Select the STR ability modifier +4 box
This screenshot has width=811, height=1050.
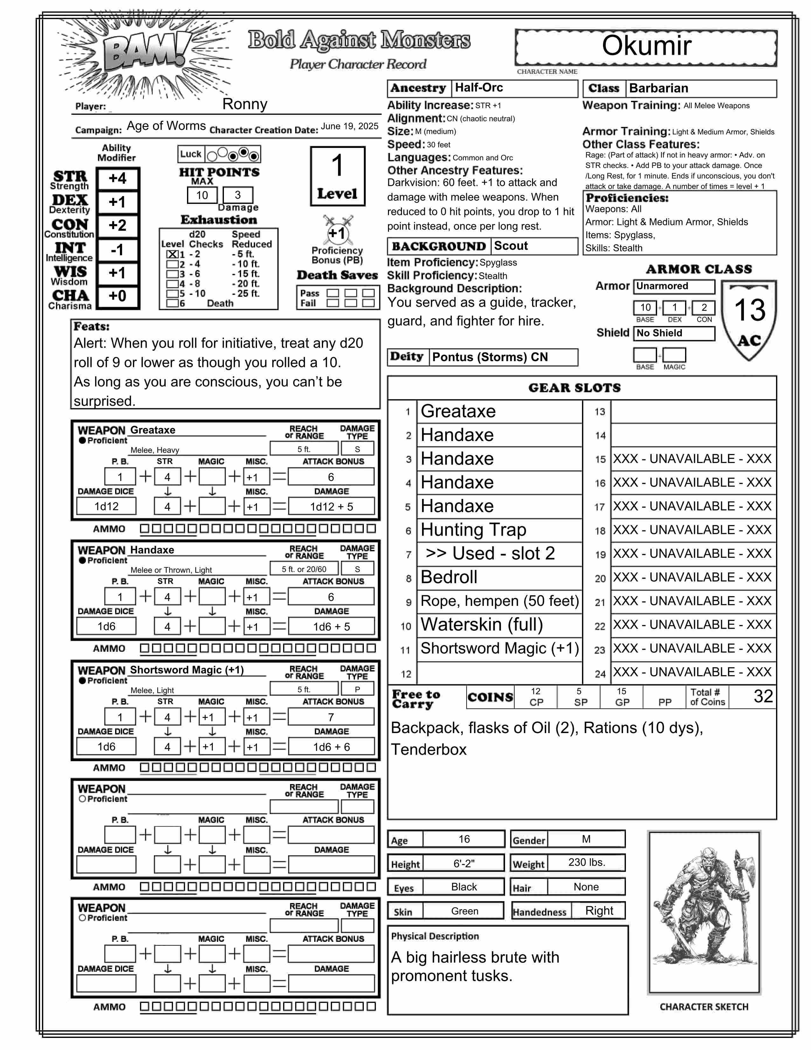click(x=118, y=179)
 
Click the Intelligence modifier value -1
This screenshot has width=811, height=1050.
click(x=118, y=250)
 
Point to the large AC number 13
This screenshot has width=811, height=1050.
click(x=750, y=310)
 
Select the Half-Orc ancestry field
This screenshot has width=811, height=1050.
click(x=514, y=88)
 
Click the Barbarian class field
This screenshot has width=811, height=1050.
click(x=701, y=88)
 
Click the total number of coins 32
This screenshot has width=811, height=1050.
click(x=763, y=696)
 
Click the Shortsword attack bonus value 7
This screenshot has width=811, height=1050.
click(x=331, y=717)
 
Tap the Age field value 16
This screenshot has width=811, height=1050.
click(x=464, y=839)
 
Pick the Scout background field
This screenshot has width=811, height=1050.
click(x=534, y=246)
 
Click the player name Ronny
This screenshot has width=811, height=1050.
click(x=245, y=104)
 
